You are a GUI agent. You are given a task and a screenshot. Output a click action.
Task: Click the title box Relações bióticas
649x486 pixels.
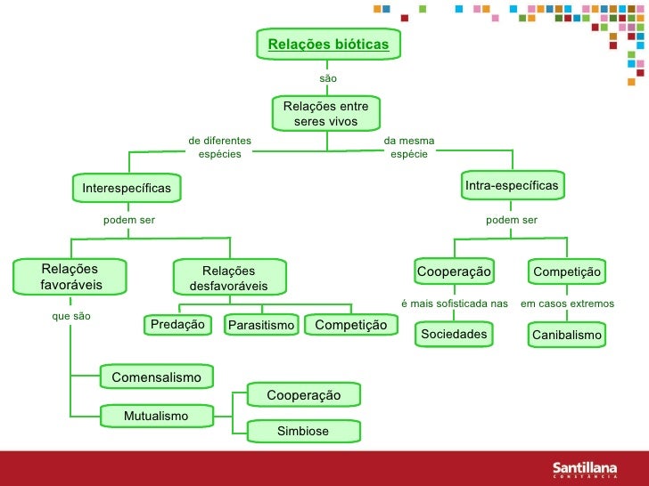(328, 44)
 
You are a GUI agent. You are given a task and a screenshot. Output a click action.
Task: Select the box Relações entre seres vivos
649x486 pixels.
(325, 113)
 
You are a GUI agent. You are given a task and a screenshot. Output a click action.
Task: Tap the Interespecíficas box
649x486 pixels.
(126, 188)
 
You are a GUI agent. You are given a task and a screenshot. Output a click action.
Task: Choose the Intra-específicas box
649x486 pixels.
(512, 185)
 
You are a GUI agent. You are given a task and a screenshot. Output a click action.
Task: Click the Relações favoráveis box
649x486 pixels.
(70, 277)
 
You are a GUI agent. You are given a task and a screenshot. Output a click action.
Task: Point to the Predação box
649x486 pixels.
(178, 325)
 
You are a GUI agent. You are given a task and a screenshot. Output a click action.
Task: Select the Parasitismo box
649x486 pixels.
(260, 326)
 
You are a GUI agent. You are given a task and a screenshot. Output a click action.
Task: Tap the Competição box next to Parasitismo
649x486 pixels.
(350, 325)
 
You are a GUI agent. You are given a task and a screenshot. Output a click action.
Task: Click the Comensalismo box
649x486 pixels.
(156, 377)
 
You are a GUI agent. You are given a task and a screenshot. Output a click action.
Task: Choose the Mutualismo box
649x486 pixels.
(156, 416)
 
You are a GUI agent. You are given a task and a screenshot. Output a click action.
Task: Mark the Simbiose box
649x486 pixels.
(303, 431)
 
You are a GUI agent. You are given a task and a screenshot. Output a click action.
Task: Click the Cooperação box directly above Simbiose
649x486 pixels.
(303, 394)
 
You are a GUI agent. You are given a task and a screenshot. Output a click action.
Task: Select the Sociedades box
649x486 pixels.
(455, 334)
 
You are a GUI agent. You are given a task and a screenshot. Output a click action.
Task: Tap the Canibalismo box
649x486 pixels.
(567, 335)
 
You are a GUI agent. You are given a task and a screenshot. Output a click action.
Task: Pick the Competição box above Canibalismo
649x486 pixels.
(567, 271)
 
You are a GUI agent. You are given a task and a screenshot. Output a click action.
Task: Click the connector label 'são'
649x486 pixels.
(328, 79)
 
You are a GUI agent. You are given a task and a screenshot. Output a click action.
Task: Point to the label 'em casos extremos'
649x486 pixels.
(567, 304)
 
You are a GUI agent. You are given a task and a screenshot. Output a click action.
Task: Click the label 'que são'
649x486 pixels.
(71, 316)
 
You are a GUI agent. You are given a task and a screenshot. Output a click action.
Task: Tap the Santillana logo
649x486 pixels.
(588, 467)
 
